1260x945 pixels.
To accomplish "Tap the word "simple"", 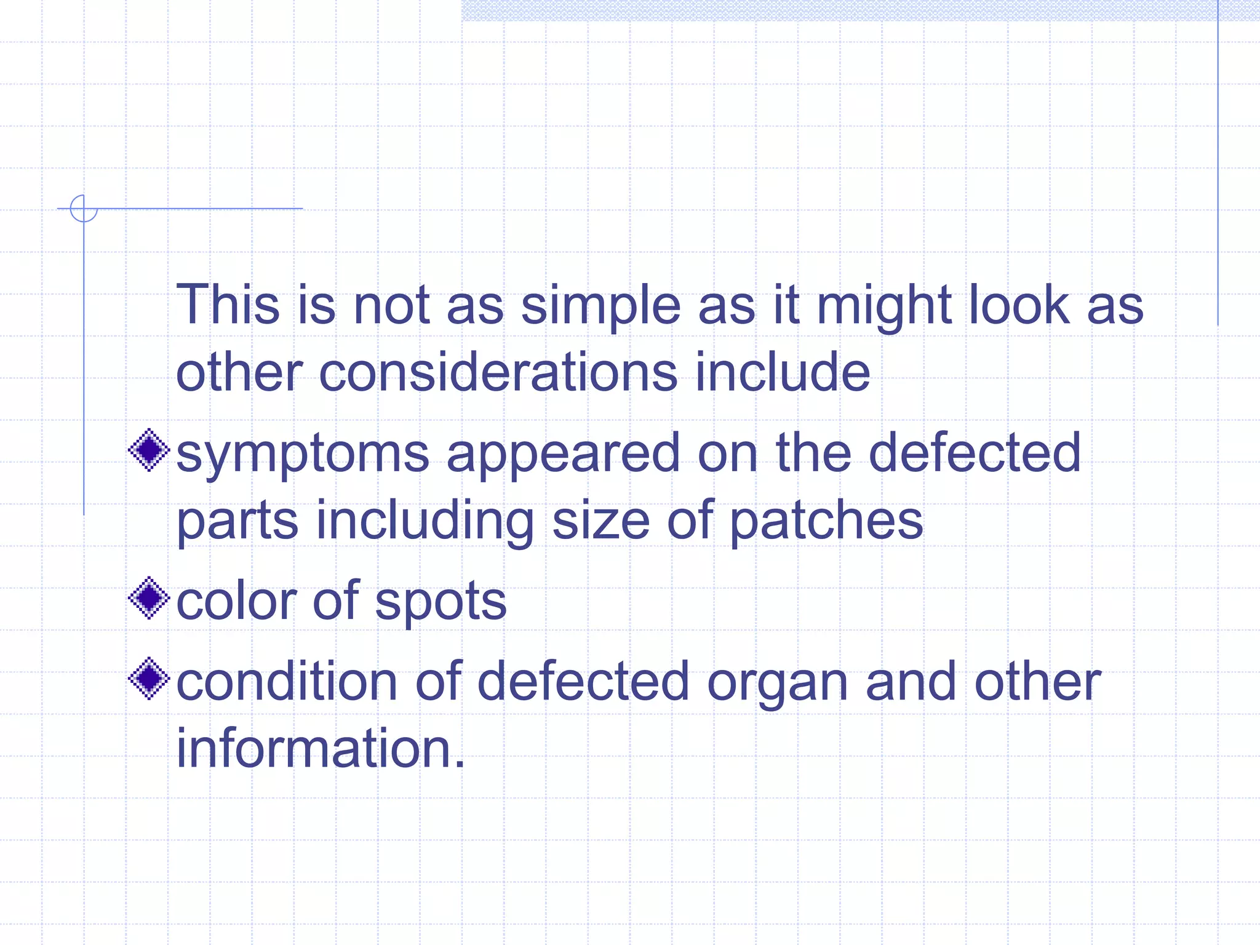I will click(600, 306).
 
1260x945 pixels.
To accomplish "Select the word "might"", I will click(882, 306).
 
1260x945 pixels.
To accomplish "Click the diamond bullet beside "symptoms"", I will click(149, 450).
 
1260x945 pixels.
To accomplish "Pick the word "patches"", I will click(826, 522).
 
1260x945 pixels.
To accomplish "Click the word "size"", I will click(600, 520).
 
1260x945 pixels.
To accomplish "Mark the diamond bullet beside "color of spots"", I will click(149, 597).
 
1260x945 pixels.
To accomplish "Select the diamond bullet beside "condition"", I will click(149, 679).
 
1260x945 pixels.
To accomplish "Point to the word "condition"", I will click(287, 682).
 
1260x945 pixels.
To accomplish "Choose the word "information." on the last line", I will click(321, 748).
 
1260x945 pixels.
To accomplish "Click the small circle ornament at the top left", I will click(84, 208).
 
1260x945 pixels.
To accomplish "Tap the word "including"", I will click(425, 522).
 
